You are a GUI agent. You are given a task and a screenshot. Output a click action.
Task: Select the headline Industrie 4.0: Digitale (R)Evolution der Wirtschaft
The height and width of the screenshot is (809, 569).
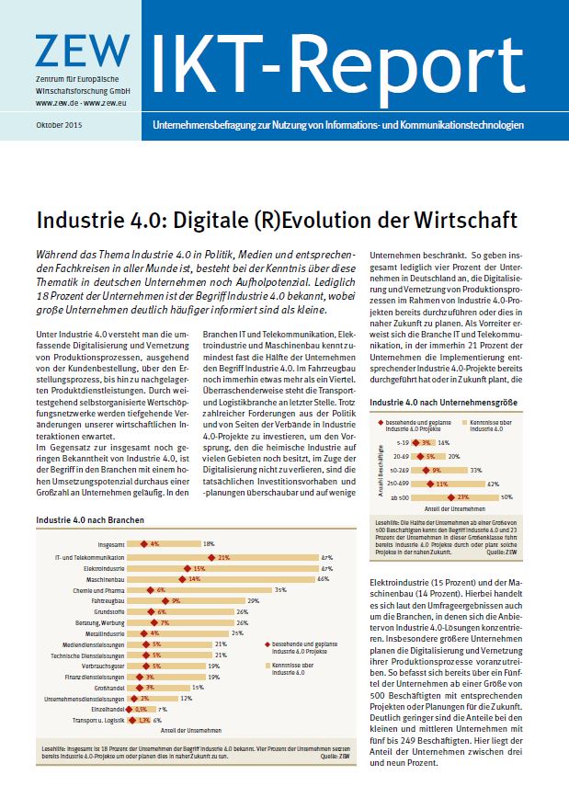pos(277,222)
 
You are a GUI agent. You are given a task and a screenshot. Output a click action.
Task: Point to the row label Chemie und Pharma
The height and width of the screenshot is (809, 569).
pos(102,590)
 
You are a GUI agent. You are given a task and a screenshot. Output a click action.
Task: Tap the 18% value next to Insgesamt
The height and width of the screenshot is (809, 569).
pos(209,544)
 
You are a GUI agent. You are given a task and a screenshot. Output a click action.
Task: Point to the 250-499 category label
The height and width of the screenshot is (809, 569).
pos(398,484)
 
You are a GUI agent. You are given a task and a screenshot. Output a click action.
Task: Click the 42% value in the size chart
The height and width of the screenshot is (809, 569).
pos(493,484)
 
